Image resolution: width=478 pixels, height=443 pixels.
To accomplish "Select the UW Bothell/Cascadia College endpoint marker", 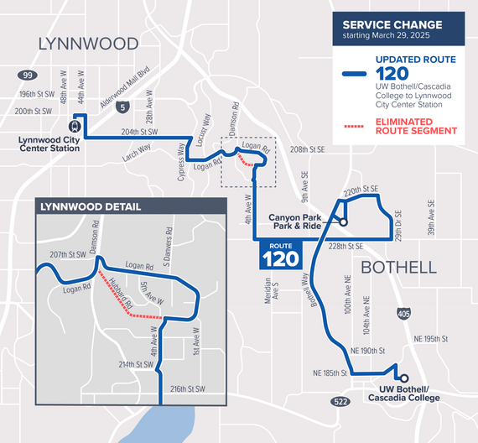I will (x=403, y=378).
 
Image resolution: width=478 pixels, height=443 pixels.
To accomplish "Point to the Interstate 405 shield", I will (x=405, y=311).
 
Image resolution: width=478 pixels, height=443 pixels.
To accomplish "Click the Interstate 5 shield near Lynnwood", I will (x=123, y=107).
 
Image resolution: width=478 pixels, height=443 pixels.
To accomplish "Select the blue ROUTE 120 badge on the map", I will (x=278, y=253).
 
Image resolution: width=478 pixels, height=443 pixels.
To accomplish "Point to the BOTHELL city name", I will (x=398, y=268).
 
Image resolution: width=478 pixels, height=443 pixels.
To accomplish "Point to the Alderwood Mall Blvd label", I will (x=125, y=84).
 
